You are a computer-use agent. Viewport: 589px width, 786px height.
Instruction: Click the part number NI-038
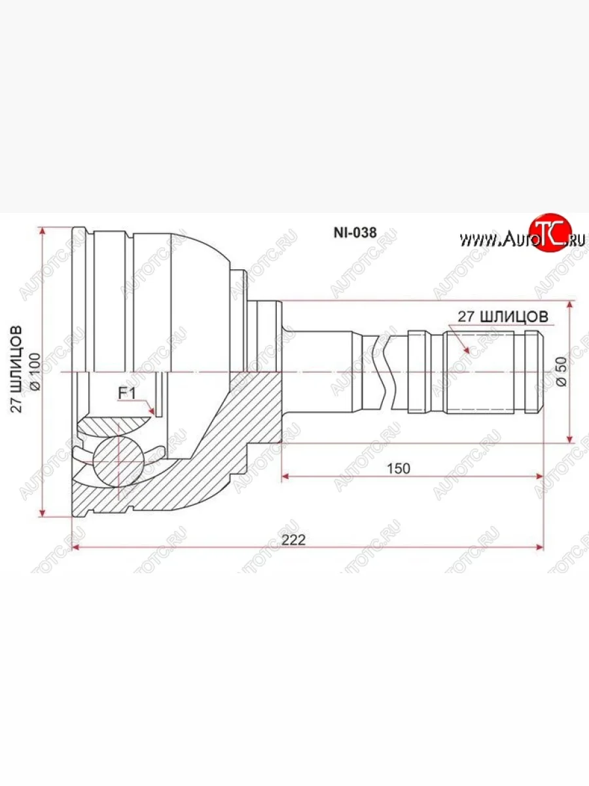click(x=355, y=233)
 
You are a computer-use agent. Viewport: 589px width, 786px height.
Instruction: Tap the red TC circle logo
click(x=550, y=233)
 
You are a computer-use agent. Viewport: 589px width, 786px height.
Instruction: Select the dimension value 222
click(x=294, y=540)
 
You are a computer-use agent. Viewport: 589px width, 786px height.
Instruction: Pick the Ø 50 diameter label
click(x=562, y=371)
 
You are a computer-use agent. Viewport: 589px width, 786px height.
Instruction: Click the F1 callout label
click(x=127, y=394)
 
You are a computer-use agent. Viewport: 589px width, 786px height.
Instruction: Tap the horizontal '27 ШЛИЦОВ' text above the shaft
click(x=503, y=316)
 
